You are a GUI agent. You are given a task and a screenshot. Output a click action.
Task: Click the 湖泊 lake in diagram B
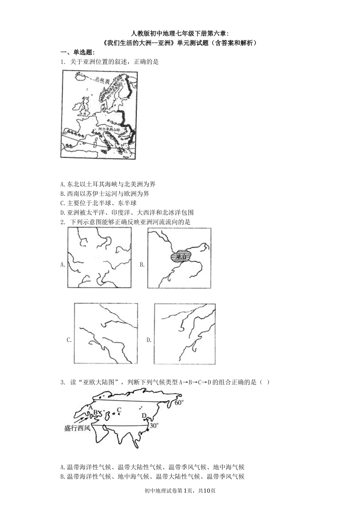pos(182,257)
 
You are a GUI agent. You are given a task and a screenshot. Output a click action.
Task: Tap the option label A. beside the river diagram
pos(63,265)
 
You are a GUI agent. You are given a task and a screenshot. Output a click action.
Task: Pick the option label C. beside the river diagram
pos(69,340)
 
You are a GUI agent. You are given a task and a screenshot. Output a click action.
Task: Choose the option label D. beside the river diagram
pos(149,340)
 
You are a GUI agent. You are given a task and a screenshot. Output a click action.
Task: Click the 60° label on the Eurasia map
pos(179,403)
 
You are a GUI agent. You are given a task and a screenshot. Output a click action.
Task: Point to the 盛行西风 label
pos(77,428)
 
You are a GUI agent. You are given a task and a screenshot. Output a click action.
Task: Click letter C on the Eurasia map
pos(119,409)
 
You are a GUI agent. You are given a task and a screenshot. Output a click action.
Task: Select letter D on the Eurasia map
pos(144,416)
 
